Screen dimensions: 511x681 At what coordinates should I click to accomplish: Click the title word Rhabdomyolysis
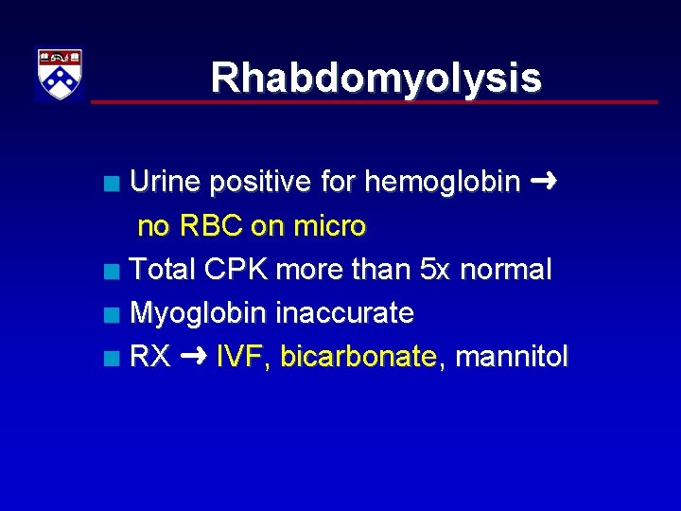pos(375,78)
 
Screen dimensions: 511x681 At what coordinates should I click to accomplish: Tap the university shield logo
pos(60,74)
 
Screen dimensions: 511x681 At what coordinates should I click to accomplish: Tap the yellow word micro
pos(330,226)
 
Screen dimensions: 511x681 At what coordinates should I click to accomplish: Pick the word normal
pos(505,270)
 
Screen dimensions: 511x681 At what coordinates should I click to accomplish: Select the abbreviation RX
pos(149,357)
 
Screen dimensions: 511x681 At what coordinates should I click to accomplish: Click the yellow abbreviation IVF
pos(243,357)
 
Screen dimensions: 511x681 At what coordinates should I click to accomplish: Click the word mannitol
pos(512,357)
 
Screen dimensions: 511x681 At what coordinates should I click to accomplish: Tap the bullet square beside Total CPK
pos(113,272)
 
